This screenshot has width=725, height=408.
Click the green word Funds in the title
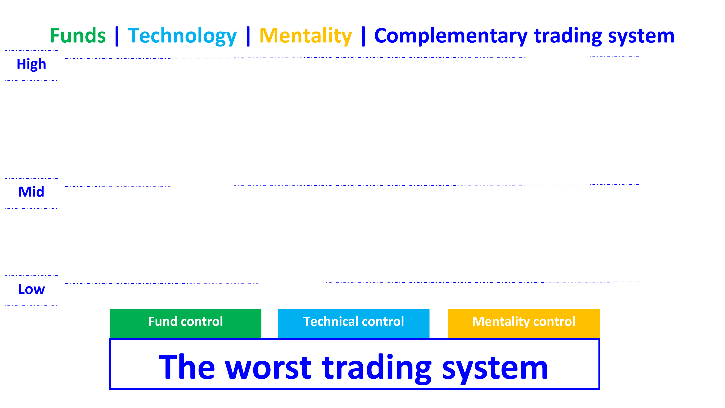[78, 36]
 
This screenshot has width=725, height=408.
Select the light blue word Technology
[182, 36]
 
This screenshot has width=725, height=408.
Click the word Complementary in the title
[451, 36]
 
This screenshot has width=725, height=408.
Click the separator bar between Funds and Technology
[117, 36]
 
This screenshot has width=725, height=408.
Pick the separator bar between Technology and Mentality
[248, 36]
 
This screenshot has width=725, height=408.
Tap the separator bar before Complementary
[363, 36]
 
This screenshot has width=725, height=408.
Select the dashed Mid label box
[32, 193]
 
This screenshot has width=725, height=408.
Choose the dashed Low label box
[32, 290]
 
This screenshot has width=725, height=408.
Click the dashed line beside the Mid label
[352, 185]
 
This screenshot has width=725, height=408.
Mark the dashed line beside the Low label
[352, 283]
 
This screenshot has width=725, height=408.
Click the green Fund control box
[186, 323]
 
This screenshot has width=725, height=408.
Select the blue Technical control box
[353, 323]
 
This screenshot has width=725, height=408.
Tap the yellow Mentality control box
[523, 323]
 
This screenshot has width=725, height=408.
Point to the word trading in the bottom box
[377, 367]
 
